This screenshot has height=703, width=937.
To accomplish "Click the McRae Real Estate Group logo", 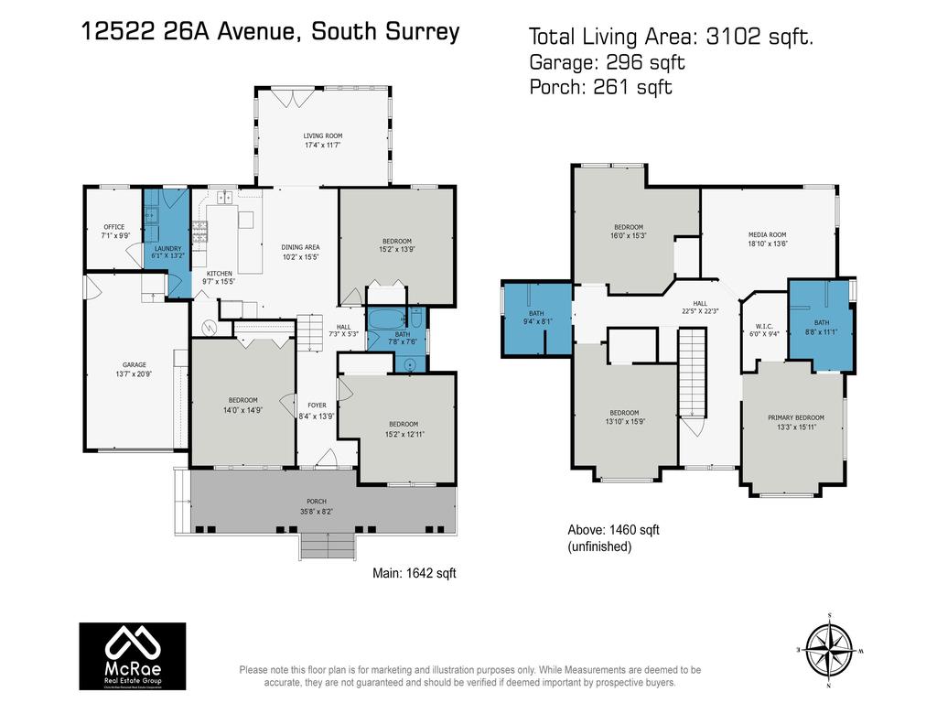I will (x=132, y=655).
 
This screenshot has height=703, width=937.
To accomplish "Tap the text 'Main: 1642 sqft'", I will (x=414, y=573).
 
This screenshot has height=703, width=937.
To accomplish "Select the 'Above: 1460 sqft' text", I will (x=614, y=530).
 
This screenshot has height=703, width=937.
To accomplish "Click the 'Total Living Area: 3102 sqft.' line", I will (x=672, y=37).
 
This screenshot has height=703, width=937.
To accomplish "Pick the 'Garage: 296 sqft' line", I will (x=607, y=62).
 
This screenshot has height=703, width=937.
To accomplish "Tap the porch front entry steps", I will (x=328, y=546).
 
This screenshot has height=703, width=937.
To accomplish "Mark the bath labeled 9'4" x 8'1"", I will (x=536, y=317).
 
